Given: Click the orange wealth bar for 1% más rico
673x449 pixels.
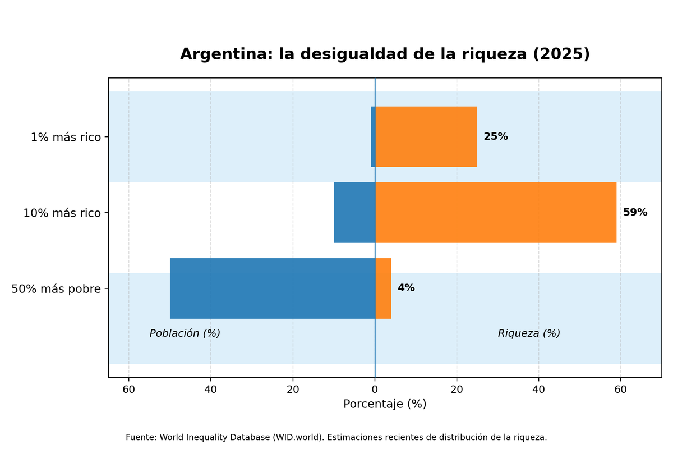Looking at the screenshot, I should [x=426, y=136].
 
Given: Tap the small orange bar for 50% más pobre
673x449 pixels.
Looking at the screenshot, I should [x=383, y=288].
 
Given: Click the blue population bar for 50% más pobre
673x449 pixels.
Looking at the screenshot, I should [x=273, y=288].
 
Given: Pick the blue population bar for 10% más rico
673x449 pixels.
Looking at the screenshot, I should [x=354, y=212].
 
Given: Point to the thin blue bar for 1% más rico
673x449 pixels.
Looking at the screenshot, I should [x=373, y=136].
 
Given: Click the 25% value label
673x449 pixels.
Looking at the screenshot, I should [x=496, y=136].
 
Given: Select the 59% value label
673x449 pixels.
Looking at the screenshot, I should [x=635, y=212].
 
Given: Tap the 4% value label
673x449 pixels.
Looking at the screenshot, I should [x=406, y=288].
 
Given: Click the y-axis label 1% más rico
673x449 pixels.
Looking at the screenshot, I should [x=66, y=137].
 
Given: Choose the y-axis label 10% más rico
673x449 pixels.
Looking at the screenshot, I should [x=62, y=213].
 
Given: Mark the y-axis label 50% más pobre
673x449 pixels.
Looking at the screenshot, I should [x=56, y=289].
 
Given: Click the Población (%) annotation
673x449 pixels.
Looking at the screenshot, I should [x=185, y=333].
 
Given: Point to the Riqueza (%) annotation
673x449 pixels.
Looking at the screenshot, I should [x=529, y=333].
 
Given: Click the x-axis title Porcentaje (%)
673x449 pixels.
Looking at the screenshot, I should [x=385, y=404].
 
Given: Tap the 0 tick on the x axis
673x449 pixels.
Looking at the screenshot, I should [x=375, y=389].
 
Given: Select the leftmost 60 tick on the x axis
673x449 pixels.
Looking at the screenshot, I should [x=128, y=389].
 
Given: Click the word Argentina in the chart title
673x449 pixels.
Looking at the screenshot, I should [x=222, y=54].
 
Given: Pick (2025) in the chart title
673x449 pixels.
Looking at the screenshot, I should [x=561, y=54].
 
